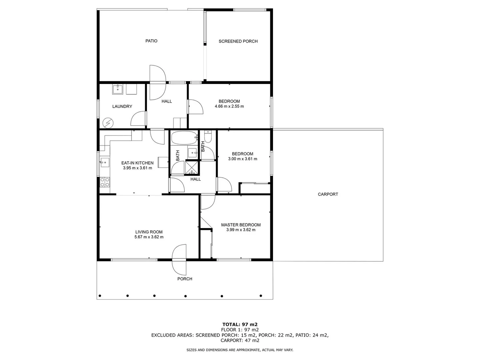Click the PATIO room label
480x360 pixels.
[151, 41]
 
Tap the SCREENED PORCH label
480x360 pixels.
[238, 41]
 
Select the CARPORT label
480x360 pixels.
[328, 194]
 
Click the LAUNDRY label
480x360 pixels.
[122, 107]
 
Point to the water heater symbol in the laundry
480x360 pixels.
[108, 123]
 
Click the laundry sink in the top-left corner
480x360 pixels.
[118, 89]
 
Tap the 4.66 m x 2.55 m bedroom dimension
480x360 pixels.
[229, 107]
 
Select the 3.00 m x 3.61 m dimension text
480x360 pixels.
[242, 159]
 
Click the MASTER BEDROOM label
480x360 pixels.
[241, 225]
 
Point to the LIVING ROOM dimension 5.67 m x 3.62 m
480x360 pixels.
[149, 237]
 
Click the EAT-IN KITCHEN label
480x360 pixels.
[137, 163]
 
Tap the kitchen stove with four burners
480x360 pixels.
[105, 182]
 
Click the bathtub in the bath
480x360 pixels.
[185, 137]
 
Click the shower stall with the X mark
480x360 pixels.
[192, 167]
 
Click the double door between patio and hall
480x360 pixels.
[158, 82]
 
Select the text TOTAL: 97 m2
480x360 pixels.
[240, 324]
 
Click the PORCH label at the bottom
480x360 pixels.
[185, 279]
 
